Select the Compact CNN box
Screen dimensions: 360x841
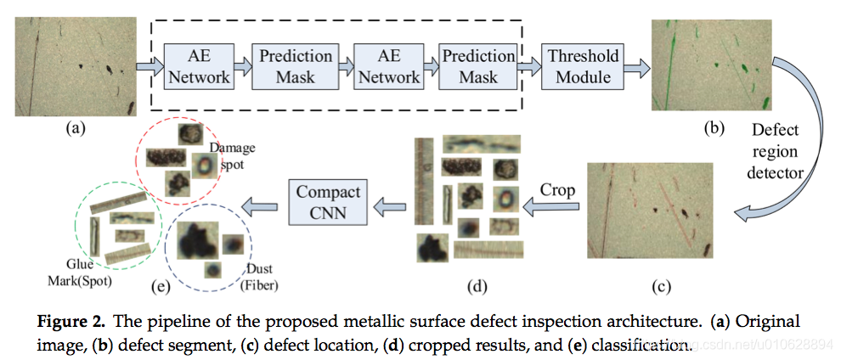pyautogui.click(x=328, y=202)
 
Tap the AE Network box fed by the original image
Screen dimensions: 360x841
pyautogui.click(x=197, y=66)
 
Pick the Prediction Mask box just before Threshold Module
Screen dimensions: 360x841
pyautogui.click(x=478, y=66)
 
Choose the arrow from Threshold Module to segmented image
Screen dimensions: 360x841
pyautogui.click(x=637, y=66)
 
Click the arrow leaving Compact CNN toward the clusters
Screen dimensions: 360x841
pyautogui.click(x=262, y=203)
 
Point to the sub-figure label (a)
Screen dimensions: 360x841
pyautogui.click(x=76, y=128)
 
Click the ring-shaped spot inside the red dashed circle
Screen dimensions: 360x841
pyautogui.click(x=204, y=165)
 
